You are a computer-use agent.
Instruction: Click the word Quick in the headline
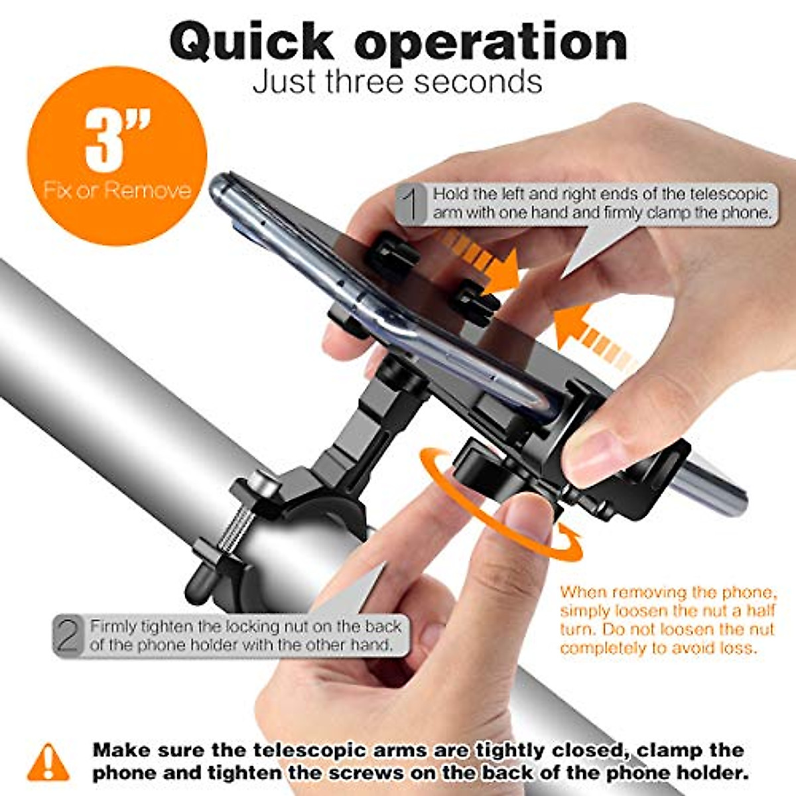[x=253, y=43]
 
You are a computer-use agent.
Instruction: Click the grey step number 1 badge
[x=412, y=204]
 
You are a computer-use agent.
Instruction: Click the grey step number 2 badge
[x=69, y=636]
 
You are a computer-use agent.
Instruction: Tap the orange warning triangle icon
[x=48, y=762]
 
